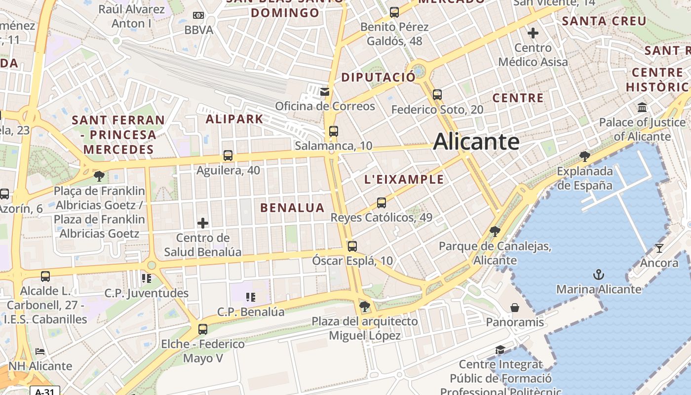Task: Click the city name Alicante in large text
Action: pos(476,142)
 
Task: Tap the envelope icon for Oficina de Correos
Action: pos(325,91)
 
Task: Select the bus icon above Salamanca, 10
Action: pos(334,131)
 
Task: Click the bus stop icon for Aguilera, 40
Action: pos(228,156)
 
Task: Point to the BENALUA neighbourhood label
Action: pos(292,208)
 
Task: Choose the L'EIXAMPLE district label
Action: pos(404,180)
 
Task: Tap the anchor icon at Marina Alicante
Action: pos(599,275)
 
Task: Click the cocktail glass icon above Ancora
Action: pos(659,248)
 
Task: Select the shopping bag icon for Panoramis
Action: pos(515,308)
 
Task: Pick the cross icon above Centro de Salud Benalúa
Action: pos(203,223)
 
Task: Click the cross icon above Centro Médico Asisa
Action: pos(533,33)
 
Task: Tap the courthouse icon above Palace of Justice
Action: pos(642,107)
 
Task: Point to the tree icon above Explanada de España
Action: pos(585,157)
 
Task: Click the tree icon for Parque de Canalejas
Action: pos(495,231)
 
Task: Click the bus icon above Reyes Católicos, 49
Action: pos(381,203)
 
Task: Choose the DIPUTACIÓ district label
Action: pos(379,78)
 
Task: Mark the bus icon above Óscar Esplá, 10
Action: pos(352,246)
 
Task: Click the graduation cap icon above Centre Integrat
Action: pos(500,350)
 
